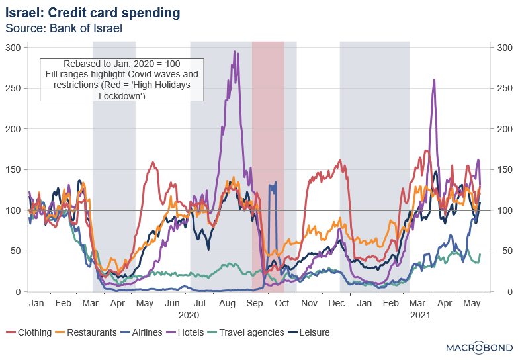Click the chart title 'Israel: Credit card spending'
coord(92,13)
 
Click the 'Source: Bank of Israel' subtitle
coord(64,28)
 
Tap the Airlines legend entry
coord(142,332)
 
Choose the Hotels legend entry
coord(187,332)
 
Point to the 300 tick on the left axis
coord(13,47)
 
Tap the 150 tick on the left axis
coord(13,169)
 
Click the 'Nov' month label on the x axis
coord(309,302)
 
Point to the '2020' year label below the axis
coord(189,315)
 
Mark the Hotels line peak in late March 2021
coord(434,80)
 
